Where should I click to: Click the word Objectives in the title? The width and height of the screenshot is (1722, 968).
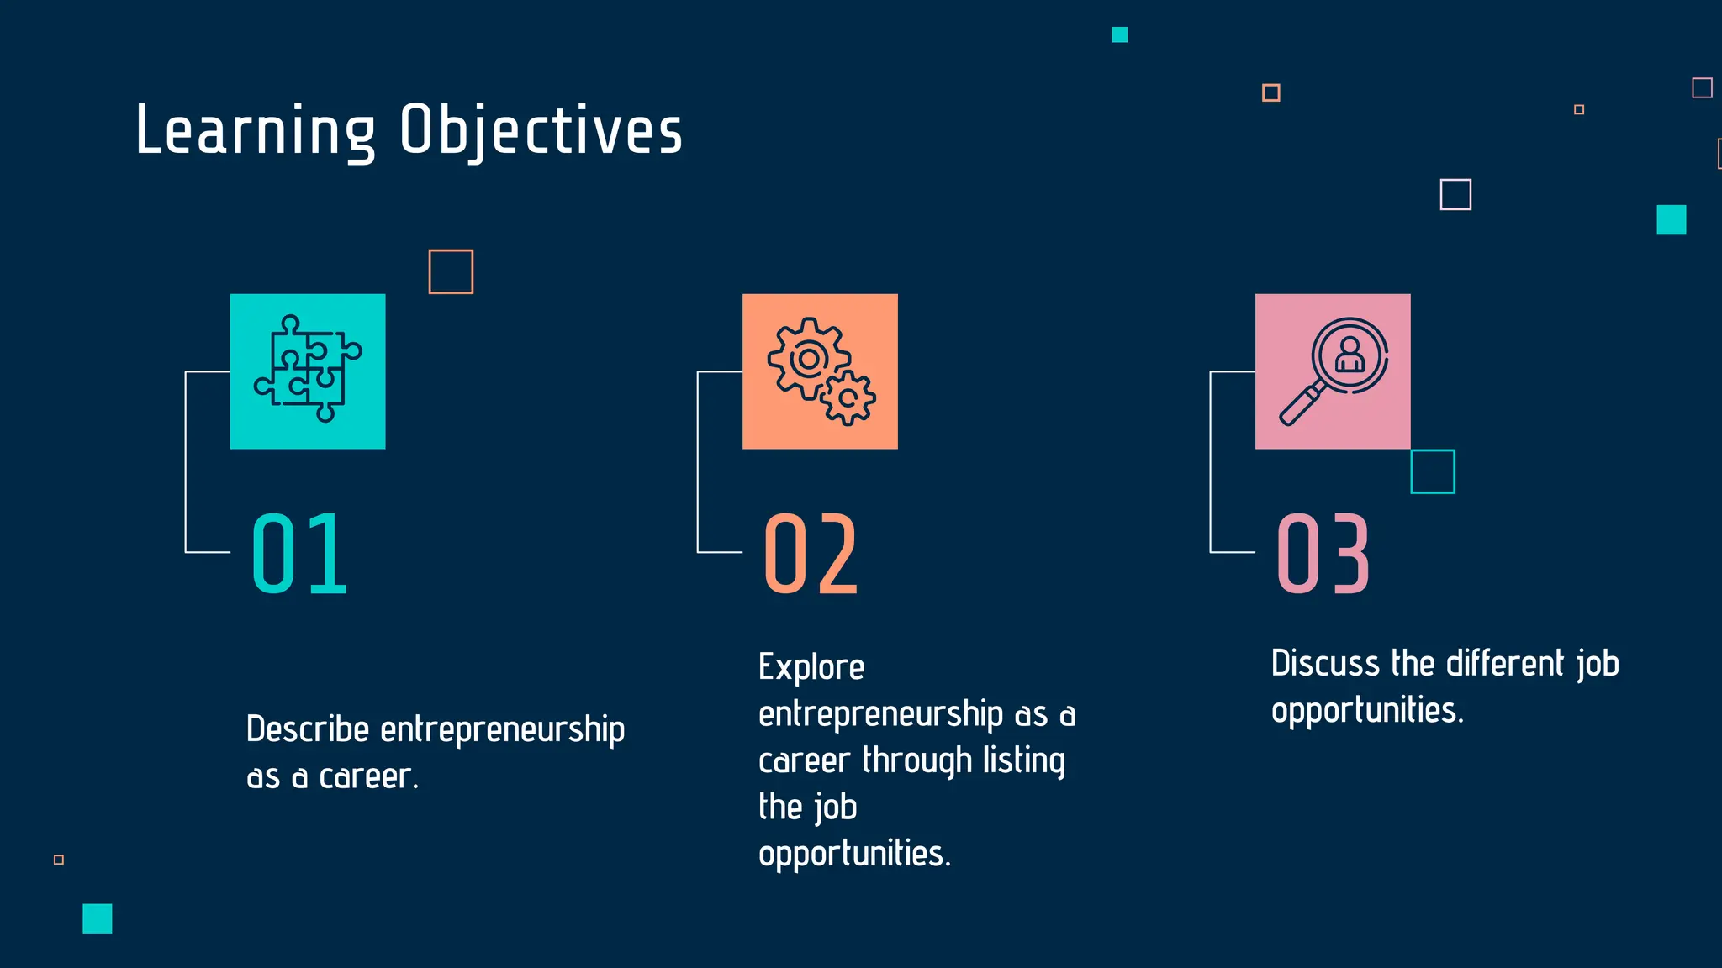point(541,131)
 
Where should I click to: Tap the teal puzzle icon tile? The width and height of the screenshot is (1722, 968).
point(308,371)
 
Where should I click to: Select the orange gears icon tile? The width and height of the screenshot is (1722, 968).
point(820,371)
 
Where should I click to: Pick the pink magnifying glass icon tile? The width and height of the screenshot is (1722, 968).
point(1333,371)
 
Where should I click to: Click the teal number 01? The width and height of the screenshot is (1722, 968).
point(299,554)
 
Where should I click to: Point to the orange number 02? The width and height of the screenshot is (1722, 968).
point(811,554)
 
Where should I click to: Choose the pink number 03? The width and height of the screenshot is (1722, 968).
point(1323,554)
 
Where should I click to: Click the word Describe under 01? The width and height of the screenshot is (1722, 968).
point(308,729)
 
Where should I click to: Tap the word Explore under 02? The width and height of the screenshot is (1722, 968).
point(811,667)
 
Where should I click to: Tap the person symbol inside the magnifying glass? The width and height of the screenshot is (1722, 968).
point(1350,355)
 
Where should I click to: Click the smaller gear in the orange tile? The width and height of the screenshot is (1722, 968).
point(848,398)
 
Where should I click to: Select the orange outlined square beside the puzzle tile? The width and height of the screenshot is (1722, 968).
point(451,271)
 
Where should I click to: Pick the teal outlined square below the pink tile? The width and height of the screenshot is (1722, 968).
point(1433,471)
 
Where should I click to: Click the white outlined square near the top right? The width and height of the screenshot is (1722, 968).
point(1455,194)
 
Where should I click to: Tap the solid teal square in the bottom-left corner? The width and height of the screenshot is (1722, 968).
point(98,918)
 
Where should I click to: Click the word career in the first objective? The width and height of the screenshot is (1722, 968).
point(367,777)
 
